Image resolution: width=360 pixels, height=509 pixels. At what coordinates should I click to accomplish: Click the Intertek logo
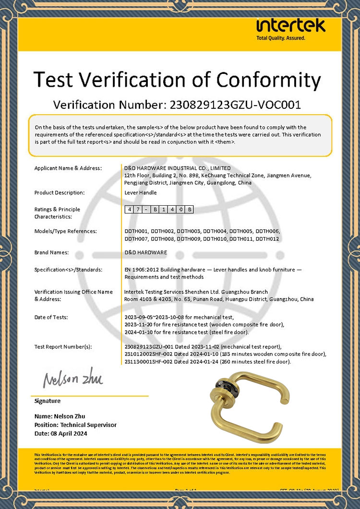pyautogui.click(x=291, y=25)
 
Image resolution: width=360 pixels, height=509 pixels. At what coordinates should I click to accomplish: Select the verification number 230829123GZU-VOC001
pyautogui.click(x=232, y=105)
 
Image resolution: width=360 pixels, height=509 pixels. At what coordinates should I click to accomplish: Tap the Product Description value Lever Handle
pyautogui.click(x=141, y=192)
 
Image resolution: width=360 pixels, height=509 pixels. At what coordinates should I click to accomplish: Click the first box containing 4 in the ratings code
pyautogui.click(x=129, y=210)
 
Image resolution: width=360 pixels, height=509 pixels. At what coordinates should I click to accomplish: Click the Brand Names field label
pyautogui.click(x=51, y=252)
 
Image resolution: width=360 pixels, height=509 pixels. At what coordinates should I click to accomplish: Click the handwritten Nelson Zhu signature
pyautogui.click(x=73, y=379)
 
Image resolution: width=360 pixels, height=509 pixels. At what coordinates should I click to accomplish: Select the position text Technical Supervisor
pyautogui.click(x=88, y=425)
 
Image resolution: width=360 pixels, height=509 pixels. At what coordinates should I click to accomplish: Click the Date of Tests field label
pyautogui.click(x=51, y=317)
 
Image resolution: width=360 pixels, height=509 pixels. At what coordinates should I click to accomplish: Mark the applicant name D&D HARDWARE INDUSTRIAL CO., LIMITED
pyautogui.click(x=177, y=168)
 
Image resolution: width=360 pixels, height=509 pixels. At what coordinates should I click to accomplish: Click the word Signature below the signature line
pyautogui.click(x=48, y=401)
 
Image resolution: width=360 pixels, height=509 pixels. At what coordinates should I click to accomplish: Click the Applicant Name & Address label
pyautogui.click(x=68, y=168)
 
